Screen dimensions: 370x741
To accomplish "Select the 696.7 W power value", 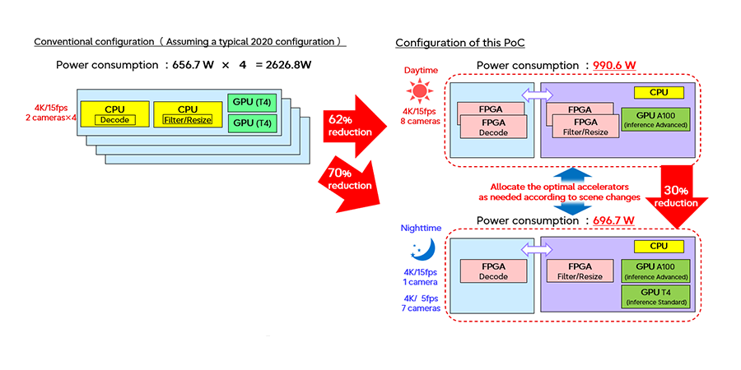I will point(613,220).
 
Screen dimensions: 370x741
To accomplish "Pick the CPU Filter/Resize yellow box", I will point(189,114).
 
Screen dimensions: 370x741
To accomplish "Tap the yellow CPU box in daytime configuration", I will point(659,91).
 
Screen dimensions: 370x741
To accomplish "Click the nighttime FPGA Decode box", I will point(492,271).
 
